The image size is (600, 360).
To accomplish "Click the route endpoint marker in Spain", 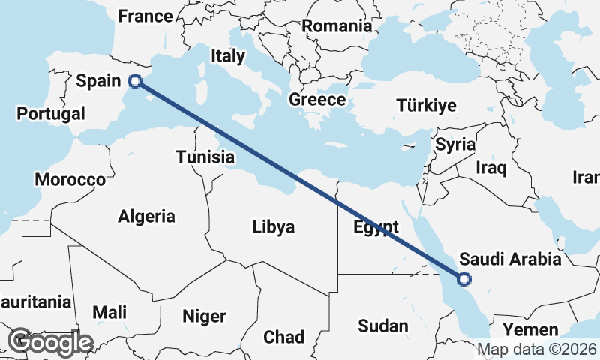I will (x=136, y=81).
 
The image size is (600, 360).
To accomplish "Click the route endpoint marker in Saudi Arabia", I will (x=464, y=279).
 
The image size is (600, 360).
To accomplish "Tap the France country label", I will (x=145, y=16).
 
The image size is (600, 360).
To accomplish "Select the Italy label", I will (x=227, y=55).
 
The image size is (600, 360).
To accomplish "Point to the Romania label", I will (x=337, y=26).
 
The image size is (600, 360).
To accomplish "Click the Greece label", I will (x=317, y=100).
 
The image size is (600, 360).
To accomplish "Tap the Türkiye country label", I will (x=427, y=105).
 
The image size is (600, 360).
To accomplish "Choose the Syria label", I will (x=455, y=144).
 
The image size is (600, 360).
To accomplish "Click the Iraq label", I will (x=491, y=167).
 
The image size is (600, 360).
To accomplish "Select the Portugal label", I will (x=51, y=114).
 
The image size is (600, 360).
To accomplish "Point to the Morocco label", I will (x=70, y=180).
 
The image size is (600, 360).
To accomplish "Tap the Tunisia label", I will (x=205, y=157).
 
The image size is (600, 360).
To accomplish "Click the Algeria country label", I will (x=146, y=217).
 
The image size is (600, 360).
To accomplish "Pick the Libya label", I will (x=274, y=226).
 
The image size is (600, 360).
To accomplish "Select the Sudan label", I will (x=382, y=325).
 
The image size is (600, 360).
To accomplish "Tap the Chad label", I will (x=283, y=336).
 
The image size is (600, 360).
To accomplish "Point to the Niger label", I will (x=204, y=316).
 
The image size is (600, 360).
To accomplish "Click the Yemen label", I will (x=531, y=330).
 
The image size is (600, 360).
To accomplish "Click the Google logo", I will (x=49, y=342).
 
